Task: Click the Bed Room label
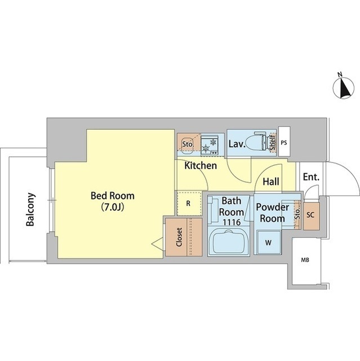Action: tap(113, 196)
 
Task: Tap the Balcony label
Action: tap(30, 209)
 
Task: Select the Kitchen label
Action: tap(201, 165)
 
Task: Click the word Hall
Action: tap(271, 182)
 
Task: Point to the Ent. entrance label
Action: tap(311, 177)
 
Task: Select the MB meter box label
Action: tap(305, 260)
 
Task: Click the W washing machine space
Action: tap(269, 243)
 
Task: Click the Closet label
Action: tap(179, 237)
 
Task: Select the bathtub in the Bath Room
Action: tap(229, 242)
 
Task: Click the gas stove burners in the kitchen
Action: tap(209, 146)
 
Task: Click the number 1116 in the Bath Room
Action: tap(232, 222)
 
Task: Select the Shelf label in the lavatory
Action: tap(273, 142)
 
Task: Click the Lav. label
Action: tap(236, 144)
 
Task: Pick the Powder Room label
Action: tap(273, 213)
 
